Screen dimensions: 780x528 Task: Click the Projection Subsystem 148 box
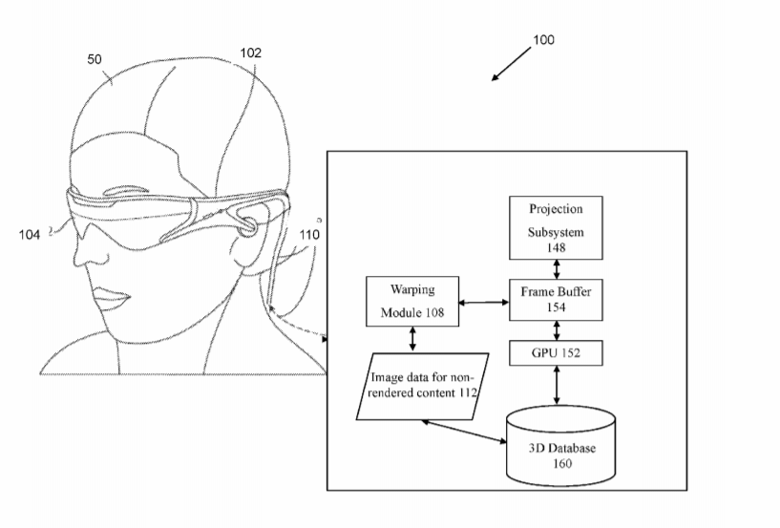556,227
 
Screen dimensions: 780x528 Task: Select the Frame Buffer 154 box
556,300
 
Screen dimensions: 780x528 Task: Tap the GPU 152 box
556,353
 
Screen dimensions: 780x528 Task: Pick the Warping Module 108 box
412,301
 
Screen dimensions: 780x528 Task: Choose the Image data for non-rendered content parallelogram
422,386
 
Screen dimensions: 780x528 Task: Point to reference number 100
543,40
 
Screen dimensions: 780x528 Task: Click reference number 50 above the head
94,60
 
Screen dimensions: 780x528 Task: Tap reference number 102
250,53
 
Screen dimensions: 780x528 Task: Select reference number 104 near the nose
30,234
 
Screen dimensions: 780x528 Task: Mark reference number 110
309,234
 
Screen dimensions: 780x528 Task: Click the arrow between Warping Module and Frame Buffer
483,302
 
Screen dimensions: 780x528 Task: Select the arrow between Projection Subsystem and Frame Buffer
557,269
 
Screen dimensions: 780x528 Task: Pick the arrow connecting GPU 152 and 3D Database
557,386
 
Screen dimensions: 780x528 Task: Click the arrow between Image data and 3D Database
464,431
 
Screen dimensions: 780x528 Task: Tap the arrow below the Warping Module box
412,339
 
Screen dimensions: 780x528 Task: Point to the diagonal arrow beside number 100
511,64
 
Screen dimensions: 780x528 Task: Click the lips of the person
113,297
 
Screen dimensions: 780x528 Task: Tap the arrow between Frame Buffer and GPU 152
557,330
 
